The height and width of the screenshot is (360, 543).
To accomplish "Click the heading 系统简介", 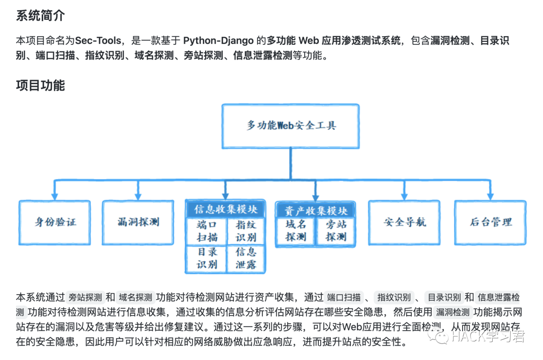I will click(40, 16).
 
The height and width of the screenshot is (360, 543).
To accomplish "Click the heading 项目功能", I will click(40, 86).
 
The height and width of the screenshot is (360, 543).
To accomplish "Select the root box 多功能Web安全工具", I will click(291, 125).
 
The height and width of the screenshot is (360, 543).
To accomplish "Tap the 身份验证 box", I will click(55, 222).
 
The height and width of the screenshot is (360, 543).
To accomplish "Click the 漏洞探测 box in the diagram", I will click(138, 222).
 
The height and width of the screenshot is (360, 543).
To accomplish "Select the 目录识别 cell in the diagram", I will click(207, 258).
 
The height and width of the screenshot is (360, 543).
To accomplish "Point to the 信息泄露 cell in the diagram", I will click(246, 258).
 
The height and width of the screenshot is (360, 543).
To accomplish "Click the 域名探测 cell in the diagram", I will click(296, 231).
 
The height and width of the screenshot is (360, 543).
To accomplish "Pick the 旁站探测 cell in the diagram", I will click(335, 231).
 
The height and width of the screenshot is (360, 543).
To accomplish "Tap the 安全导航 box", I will click(404, 222).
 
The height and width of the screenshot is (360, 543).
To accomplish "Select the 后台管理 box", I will click(491, 222).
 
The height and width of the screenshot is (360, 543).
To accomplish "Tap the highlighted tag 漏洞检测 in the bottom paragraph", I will click(452, 312).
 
